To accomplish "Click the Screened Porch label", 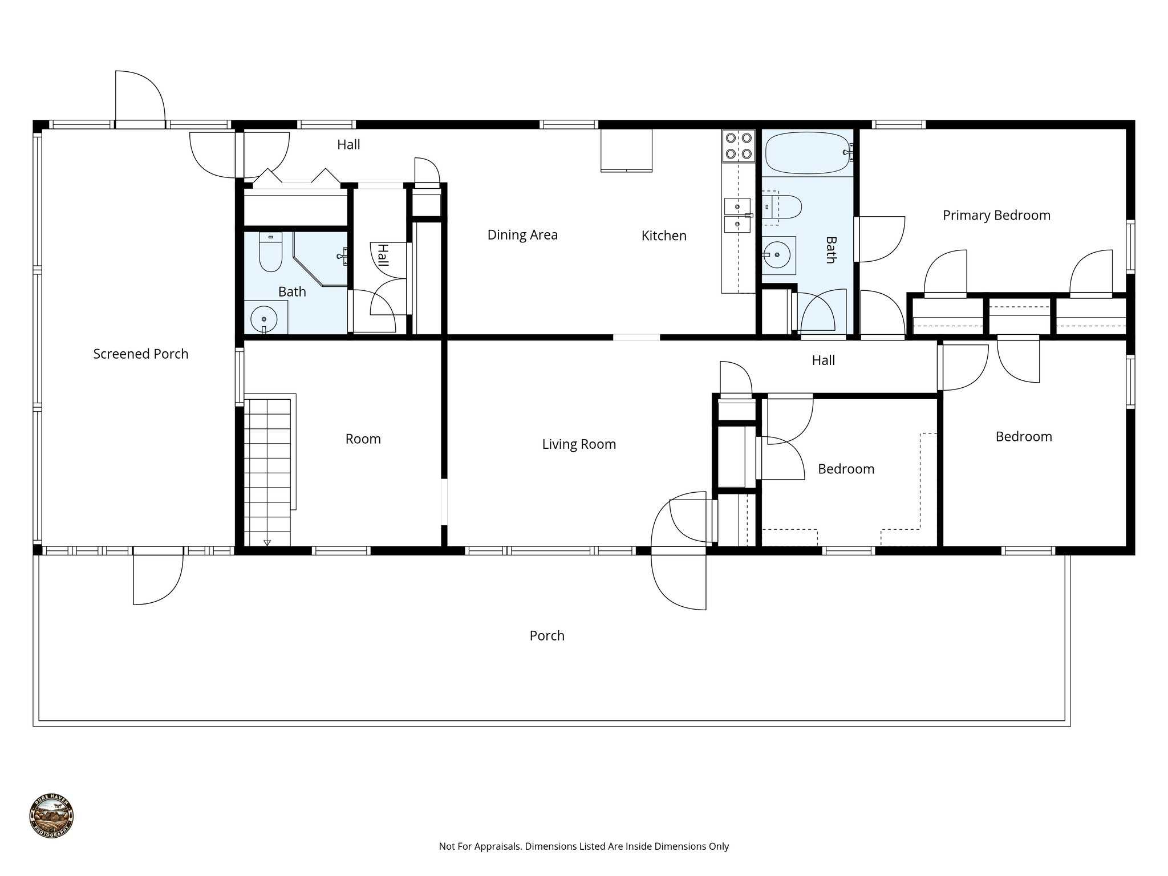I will (140, 354).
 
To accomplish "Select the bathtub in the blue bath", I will (806, 153).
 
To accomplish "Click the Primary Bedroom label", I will (996, 216).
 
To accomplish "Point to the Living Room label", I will (578, 444).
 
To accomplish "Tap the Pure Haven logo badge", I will (51, 816).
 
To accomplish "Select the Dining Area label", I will (522, 235).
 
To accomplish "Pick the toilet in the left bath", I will (270, 253).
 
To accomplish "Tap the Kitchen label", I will (663, 236).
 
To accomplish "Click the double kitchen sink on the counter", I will (737, 215).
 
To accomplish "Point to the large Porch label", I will (546, 636).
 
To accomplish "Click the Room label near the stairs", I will (363, 439).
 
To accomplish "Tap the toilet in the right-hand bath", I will (786, 206).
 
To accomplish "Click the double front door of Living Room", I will (679, 550).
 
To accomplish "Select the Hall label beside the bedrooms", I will (822, 360).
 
